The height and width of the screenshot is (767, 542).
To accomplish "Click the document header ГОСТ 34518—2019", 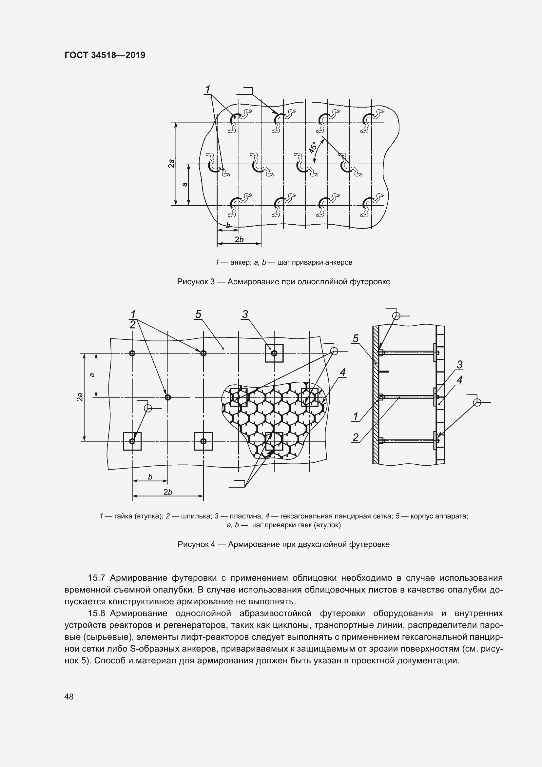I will pyautogui.click(x=105, y=55).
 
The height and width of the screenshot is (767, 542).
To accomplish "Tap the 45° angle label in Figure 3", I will pyautogui.click(x=313, y=148).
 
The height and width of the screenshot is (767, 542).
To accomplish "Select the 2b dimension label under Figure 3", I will pyautogui.click(x=239, y=239).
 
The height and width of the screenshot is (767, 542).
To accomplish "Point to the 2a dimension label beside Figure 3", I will pyautogui.click(x=171, y=163).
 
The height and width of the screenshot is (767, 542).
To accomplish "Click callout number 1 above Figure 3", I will pyautogui.click(x=207, y=89).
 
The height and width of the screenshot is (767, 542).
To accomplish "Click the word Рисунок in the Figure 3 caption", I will pyautogui.click(x=192, y=282).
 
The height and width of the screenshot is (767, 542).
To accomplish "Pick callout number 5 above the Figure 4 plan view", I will pyautogui.click(x=198, y=314).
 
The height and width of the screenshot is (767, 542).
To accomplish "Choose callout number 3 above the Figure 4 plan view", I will pyautogui.click(x=245, y=314).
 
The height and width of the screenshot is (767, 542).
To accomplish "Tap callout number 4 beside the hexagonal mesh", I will pyautogui.click(x=343, y=372).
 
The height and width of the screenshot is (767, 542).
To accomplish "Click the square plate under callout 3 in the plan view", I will pyautogui.click(x=274, y=353).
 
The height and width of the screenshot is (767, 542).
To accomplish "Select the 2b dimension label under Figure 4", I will pyautogui.click(x=168, y=492).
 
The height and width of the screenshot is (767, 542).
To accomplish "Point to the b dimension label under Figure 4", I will pyautogui.click(x=150, y=477).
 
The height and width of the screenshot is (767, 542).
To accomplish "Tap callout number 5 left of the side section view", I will pyautogui.click(x=356, y=338).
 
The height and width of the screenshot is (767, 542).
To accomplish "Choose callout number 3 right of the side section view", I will pyautogui.click(x=459, y=365).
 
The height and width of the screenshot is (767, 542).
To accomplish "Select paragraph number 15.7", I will pyautogui.click(x=96, y=578).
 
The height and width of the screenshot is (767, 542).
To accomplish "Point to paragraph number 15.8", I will pyautogui.click(x=96, y=613).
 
